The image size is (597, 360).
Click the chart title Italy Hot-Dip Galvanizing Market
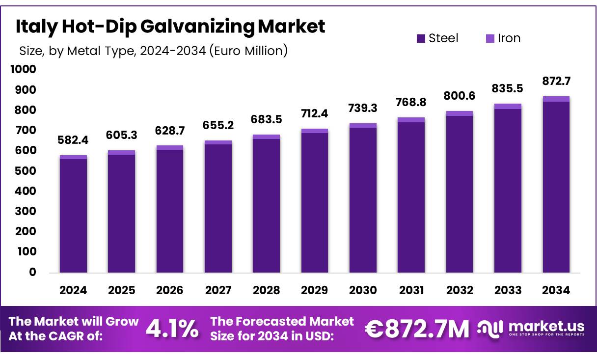(170, 27)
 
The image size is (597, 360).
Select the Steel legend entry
(437, 38)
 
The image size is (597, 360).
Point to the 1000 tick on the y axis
(23, 70)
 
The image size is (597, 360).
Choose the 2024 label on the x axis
(73, 290)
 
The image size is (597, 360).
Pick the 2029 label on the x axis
(315, 290)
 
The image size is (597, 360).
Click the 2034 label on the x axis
(556, 290)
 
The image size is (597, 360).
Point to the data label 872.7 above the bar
(556, 81)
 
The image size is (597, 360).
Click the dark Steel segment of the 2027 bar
(218, 209)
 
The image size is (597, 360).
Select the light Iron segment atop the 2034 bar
(556, 99)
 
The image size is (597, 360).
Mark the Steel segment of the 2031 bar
(411, 196)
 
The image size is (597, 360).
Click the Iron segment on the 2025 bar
(121, 152)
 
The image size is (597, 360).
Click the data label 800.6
(460, 96)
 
